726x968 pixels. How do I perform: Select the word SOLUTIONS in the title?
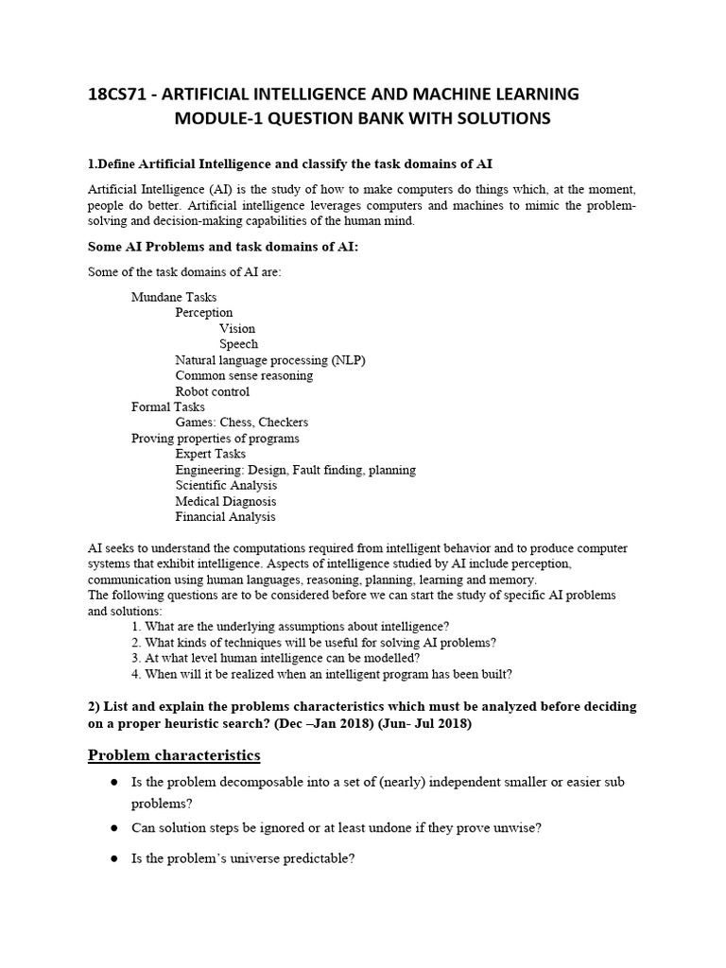(493, 119)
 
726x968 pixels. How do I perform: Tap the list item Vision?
(237, 328)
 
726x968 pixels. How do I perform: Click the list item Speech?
(238, 344)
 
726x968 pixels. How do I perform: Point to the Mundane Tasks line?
(174, 297)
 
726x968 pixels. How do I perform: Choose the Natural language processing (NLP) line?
(269, 360)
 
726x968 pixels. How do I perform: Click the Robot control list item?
(213, 391)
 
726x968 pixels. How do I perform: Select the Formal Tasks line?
(167, 406)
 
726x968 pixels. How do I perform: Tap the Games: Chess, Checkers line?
(241, 423)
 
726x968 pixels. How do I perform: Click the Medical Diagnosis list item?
(226, 501)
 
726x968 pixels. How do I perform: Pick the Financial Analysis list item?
(225, 517)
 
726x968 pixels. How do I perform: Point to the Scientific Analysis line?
(225, 485)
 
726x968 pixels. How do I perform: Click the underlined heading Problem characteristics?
(174, 755)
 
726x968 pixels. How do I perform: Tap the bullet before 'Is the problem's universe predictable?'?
(112, 859)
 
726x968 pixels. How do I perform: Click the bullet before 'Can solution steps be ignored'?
(112, 828)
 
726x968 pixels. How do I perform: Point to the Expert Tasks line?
(210, 454)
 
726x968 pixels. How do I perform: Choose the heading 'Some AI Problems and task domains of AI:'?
(223, 247)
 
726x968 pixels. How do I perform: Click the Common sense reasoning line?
(244, 375)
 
